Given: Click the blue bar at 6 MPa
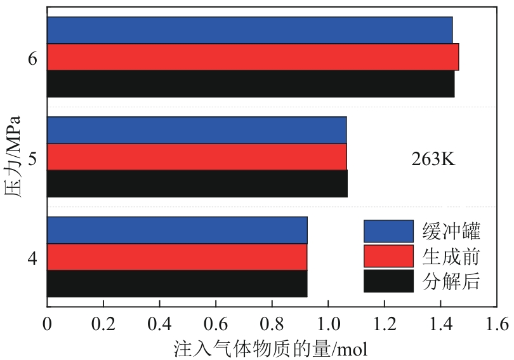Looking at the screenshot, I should (249, 30).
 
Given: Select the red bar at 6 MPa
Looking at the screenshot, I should (253, 57).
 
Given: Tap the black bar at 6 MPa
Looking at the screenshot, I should (251, 83).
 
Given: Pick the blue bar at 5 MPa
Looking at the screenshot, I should (197, 130).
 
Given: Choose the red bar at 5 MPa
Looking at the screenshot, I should (197, 157).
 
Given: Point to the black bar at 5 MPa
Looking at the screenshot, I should (197, 183).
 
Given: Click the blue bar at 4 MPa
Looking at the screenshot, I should (177, 230).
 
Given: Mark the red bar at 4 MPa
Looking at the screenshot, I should (177, 257).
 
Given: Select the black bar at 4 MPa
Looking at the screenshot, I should (177, 283).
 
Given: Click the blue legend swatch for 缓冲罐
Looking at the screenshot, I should (388, 231).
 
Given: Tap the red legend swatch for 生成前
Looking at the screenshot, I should (388, 256).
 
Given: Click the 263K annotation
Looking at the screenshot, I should (434, 159).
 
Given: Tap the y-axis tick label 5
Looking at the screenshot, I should (32, 157).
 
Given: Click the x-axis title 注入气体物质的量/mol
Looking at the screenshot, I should (270, 348).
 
